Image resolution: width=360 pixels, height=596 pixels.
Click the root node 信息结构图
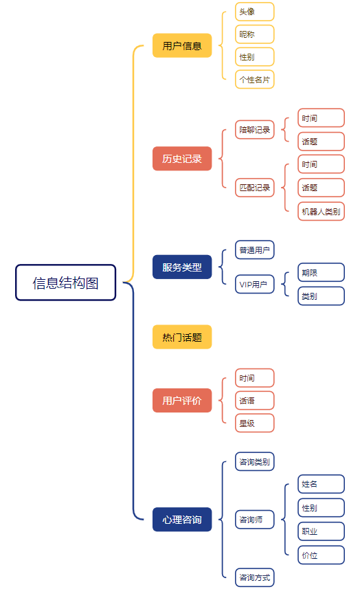[66, 283]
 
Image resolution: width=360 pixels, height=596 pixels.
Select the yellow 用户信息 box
[182, 45]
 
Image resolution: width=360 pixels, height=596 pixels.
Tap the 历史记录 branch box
[182, 159]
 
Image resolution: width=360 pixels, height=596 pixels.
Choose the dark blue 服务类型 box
[182, 267]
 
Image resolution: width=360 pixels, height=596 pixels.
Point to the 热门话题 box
[182, 337]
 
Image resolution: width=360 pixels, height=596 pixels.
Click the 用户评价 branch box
[182, 400]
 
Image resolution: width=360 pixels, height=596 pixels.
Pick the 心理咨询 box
[182, 519]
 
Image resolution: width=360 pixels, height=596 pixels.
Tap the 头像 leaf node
[254, 12]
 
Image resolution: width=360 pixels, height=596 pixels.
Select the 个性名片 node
[254, 80]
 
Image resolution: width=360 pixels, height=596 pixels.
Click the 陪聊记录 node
[254, 130]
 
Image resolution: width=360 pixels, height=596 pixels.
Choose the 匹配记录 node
[254, 188]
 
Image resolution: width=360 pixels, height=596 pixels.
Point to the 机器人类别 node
[321, 211]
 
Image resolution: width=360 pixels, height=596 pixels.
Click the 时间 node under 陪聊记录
[321, 118]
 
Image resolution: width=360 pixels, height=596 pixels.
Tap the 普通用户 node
[254, 250]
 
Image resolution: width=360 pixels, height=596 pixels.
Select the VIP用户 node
[254, 284]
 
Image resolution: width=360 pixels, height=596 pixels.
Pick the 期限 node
[321, 272]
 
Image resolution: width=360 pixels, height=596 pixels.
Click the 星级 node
[254, 423]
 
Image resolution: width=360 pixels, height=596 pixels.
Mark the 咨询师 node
[254, 519]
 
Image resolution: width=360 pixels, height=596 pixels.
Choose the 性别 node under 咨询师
[321, 507]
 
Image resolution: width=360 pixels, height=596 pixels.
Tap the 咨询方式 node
[254, 577]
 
